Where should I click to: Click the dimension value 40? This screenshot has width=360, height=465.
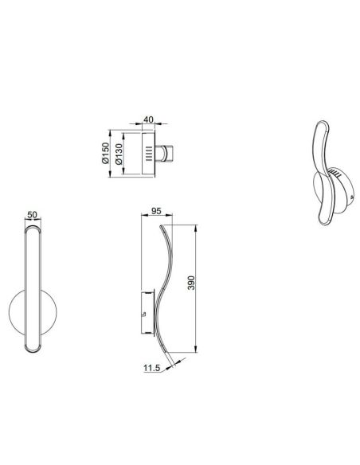click(x=149, y=120)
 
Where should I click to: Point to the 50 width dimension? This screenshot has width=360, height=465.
click(x=32, y=215)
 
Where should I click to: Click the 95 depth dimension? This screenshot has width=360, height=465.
click(x=156, y=212)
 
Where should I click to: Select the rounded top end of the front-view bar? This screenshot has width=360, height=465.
click(x=32, y=231)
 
